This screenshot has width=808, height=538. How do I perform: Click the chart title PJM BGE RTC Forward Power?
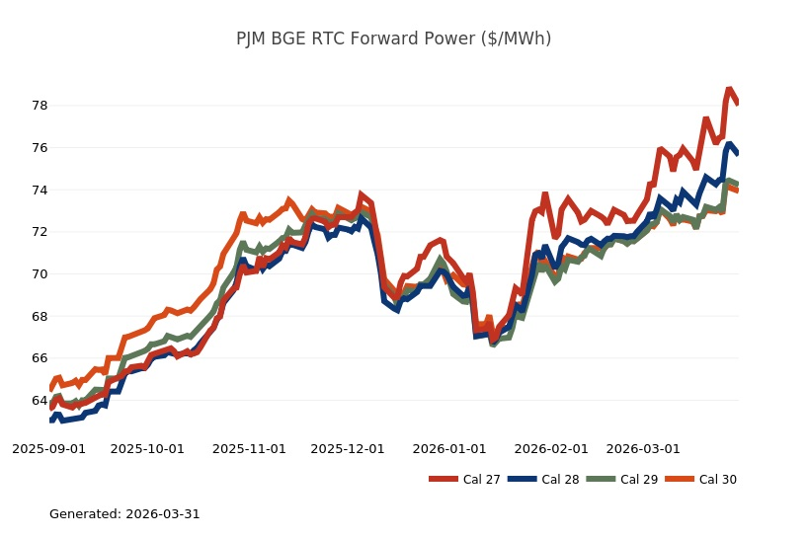click(x=393, y=39)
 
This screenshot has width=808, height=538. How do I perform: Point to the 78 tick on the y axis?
click(x=39, y=106)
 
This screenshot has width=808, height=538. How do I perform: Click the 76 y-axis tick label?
click(x=39, y=148)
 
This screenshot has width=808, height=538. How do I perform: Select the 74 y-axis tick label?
click(x=39, y=190)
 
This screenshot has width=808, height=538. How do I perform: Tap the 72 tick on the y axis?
click(x=39, y=232)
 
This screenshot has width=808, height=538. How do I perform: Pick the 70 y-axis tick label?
click(x=39, y=274)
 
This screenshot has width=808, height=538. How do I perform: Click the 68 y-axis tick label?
click(x=39, y=316)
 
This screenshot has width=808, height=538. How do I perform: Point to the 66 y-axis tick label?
click(x=39, y=358)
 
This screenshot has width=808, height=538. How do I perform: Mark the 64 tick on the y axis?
click(x=39, y=401)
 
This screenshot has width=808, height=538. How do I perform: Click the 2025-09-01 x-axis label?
click(x=48, y=448)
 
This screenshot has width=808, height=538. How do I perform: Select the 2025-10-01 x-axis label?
click(x=147, y=448)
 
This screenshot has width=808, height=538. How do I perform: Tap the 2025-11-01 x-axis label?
click(x=249, y=448)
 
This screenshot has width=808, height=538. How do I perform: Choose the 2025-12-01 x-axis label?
click(x=348, y=448)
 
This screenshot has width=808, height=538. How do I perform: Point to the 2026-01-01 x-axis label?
click(x=449, y=448)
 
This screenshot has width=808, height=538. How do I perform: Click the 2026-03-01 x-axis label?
click(x=643, y=448)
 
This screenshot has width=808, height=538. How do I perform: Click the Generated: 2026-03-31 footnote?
click(x=124, y=514)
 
